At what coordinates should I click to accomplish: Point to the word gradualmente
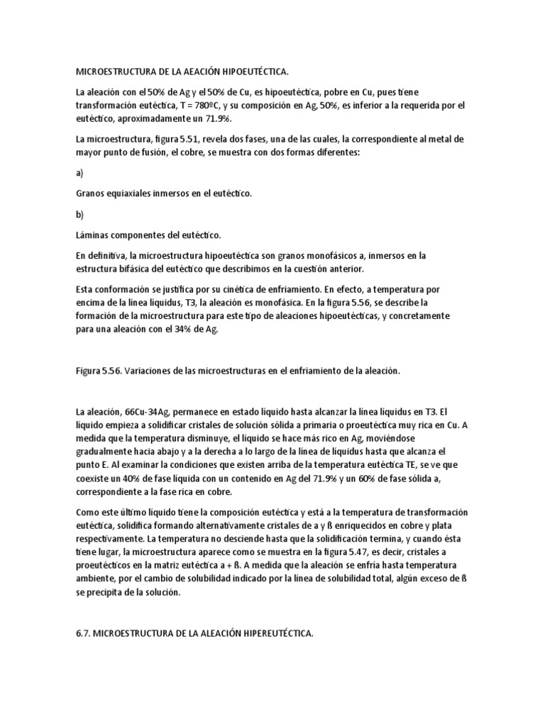[x=106, y=451]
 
